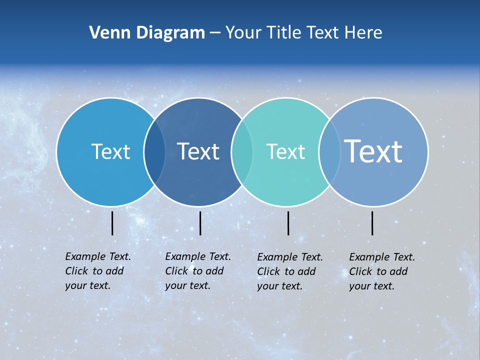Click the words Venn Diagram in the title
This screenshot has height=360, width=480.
pos(147,33)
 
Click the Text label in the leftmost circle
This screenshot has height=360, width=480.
pos(110,151)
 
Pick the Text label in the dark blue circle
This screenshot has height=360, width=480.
pos(198,151)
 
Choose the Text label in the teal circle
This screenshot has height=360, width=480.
pos(285,151)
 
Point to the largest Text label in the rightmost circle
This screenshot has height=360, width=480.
pos(373,151)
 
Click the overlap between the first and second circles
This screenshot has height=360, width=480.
pos(154,151)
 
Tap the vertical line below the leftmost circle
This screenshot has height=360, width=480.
pos(112,223)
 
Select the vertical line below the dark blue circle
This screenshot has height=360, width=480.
pos(200,223)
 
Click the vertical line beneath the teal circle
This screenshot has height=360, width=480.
pos(288,223)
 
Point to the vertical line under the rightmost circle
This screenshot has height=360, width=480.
pos(372,223)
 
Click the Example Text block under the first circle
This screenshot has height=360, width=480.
pos(98,271)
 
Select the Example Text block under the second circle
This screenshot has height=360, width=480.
pos(198,271)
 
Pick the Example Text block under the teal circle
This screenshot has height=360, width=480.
pos(290,271)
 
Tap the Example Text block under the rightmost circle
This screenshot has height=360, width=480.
pos(382,271)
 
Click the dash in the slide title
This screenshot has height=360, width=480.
pos(215,33)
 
